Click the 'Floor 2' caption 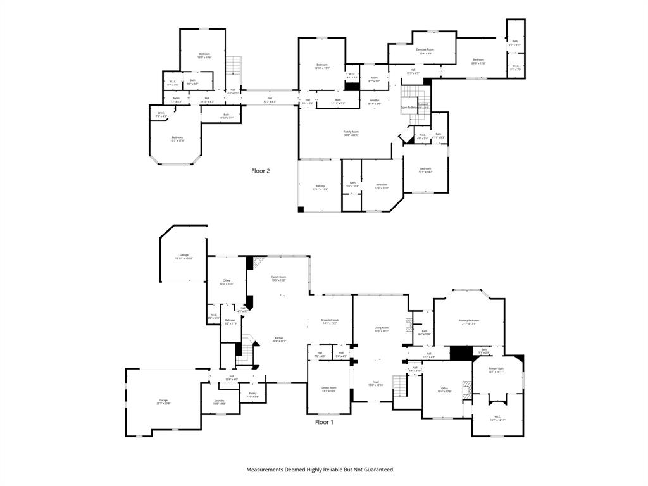point(261,171)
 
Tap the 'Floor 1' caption point(324,422)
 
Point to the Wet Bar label point(375,101)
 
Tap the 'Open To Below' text point(409,108)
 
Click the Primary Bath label point(496,370)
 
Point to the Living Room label point(380,329)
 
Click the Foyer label point(375,383)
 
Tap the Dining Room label point(329,389)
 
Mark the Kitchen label point(278,339)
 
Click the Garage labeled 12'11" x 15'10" point(184,256)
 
